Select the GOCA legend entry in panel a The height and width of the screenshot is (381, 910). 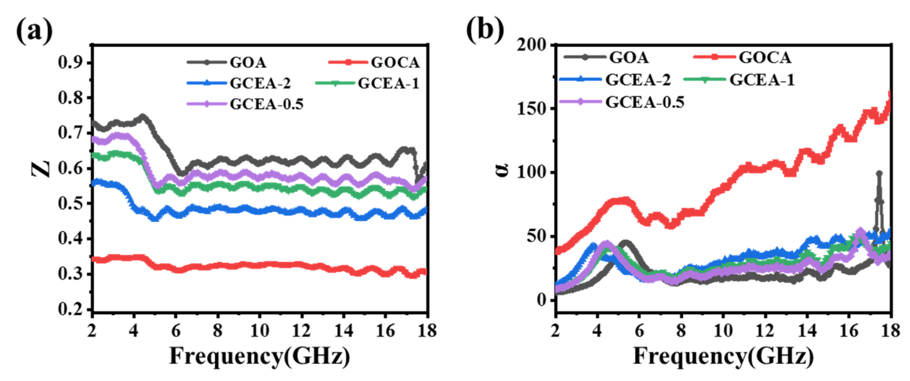(x=395, y=63)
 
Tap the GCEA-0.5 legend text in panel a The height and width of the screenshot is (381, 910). (x=266, y=104)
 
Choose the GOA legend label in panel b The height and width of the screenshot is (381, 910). (x=629, y=57)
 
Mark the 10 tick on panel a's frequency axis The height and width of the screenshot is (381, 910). (x=260, y=331)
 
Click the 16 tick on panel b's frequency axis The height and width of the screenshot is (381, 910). (x=848, y=331)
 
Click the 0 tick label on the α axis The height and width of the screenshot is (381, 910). (x=541, y=300)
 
